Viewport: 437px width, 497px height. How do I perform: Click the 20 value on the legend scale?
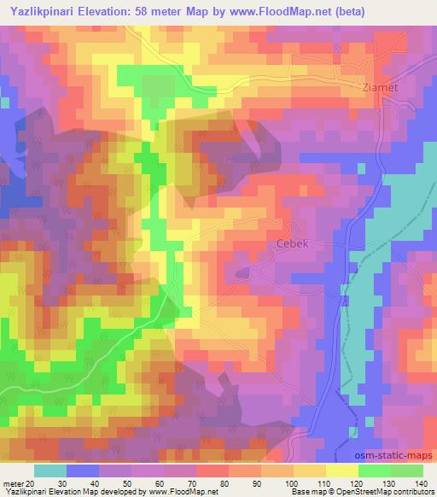tap(32, 484)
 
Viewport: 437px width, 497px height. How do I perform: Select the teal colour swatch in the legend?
tap(50, 471)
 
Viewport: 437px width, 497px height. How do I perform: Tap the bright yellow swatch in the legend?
tap(342, 471)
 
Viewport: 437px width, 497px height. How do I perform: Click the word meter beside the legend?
tap(13, 484)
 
